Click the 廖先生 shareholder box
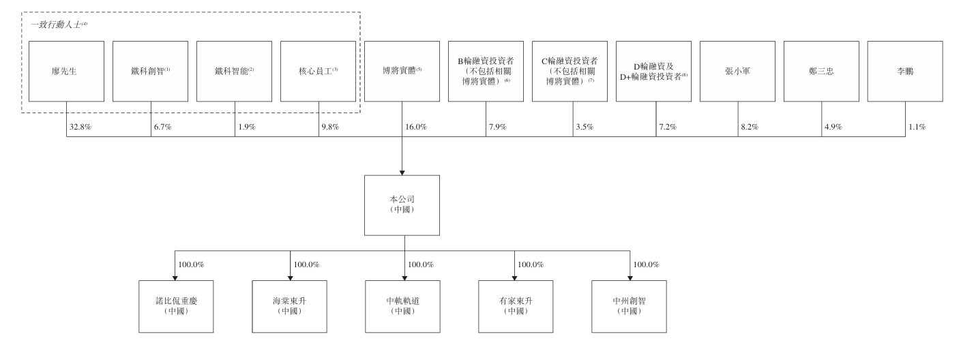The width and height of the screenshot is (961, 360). [67, 71]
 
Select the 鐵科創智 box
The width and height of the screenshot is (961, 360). [150, 71]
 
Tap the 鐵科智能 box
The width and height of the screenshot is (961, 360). [234, 71]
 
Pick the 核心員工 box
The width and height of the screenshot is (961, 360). [318, 71]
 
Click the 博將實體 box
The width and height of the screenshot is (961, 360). [402, 71]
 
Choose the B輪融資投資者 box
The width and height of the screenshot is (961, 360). [486, 71]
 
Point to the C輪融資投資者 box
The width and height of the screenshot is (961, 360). [570, 71]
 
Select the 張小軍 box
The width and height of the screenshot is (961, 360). [737, 71]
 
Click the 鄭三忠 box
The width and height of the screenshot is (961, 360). [821, 71]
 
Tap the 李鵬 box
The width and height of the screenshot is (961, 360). [905, 71]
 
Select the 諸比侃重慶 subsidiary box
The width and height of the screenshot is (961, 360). [176, 306]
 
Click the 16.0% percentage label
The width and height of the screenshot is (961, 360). [415, 127]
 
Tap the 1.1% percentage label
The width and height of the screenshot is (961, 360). [916, 127]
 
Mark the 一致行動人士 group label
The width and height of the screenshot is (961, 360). [60, 25]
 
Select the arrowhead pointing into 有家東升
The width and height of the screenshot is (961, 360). [514, 276]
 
